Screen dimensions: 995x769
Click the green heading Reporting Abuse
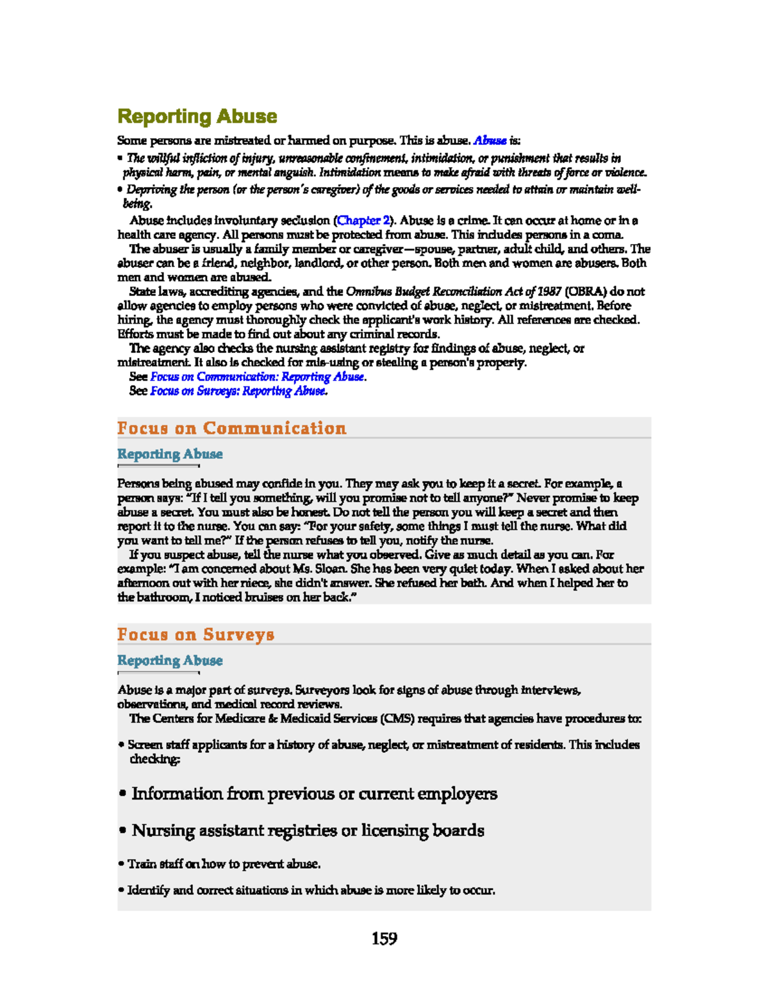(x=197, y=117)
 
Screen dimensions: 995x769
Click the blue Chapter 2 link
(x=363, y=220)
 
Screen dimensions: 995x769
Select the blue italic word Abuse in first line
(x=490, y=140)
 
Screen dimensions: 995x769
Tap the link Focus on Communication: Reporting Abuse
(x=258, y=377)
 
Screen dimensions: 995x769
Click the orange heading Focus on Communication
(x=231, y=428)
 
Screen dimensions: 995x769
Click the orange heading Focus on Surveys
(x=195, y=634)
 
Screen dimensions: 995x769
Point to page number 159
(x=384, y=939)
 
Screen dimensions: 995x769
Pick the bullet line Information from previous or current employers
(x=314, y=794)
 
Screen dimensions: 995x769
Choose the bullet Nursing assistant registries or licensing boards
(x=308, y=830)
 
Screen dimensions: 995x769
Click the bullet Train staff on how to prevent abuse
(x=224, y=864)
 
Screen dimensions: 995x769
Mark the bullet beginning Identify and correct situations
(x=311, y=890)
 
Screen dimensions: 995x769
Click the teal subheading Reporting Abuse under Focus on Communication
(x=170, y=454)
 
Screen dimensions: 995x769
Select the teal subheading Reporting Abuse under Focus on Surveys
(x=170, y=660)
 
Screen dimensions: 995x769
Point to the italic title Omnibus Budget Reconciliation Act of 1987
(x=453, y=292)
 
